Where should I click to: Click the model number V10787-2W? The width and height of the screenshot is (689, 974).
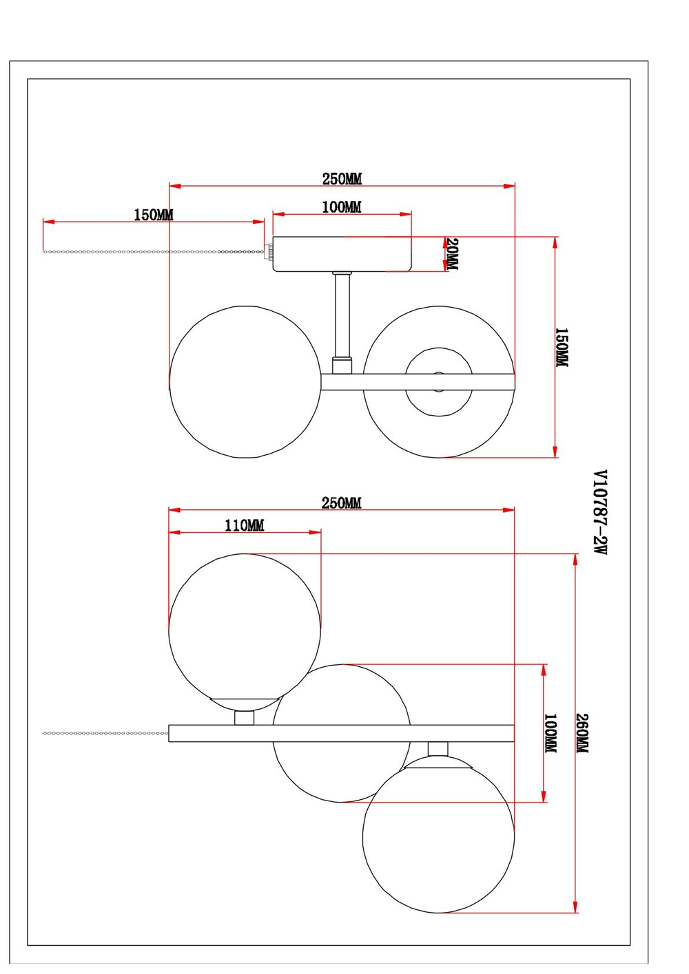(x=600, y=512)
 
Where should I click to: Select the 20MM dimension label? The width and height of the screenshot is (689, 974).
(x=451, y=254)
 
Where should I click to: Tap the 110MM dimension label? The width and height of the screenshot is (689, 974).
(x=245, y=525)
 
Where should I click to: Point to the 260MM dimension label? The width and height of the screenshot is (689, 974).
(x=582, y=733)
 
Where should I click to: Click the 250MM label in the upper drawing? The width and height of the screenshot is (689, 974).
(x=342, y=179)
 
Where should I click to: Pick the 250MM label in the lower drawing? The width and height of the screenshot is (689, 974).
(x=341, y=503)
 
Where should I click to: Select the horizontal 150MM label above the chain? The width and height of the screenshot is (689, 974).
(x=154, y=215)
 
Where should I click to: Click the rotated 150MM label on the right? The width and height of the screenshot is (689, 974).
(x=562, y=347)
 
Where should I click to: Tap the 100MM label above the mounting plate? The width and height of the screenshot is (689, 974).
(x=342, y=207)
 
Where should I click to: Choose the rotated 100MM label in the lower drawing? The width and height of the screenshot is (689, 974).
(x=551, y=733)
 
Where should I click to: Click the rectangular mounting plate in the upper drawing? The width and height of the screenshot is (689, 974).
(x=342, y=254)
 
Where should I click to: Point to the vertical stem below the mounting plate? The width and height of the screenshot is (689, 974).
(x=342, y=313)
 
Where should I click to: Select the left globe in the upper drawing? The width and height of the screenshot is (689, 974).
(x=245, y=382)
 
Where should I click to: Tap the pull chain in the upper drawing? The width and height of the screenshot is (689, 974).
(x=152, y=252)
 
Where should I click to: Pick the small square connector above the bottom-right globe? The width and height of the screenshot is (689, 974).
(x=438, y=749)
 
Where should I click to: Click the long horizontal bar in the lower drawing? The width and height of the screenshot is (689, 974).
(x=341, y=733)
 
